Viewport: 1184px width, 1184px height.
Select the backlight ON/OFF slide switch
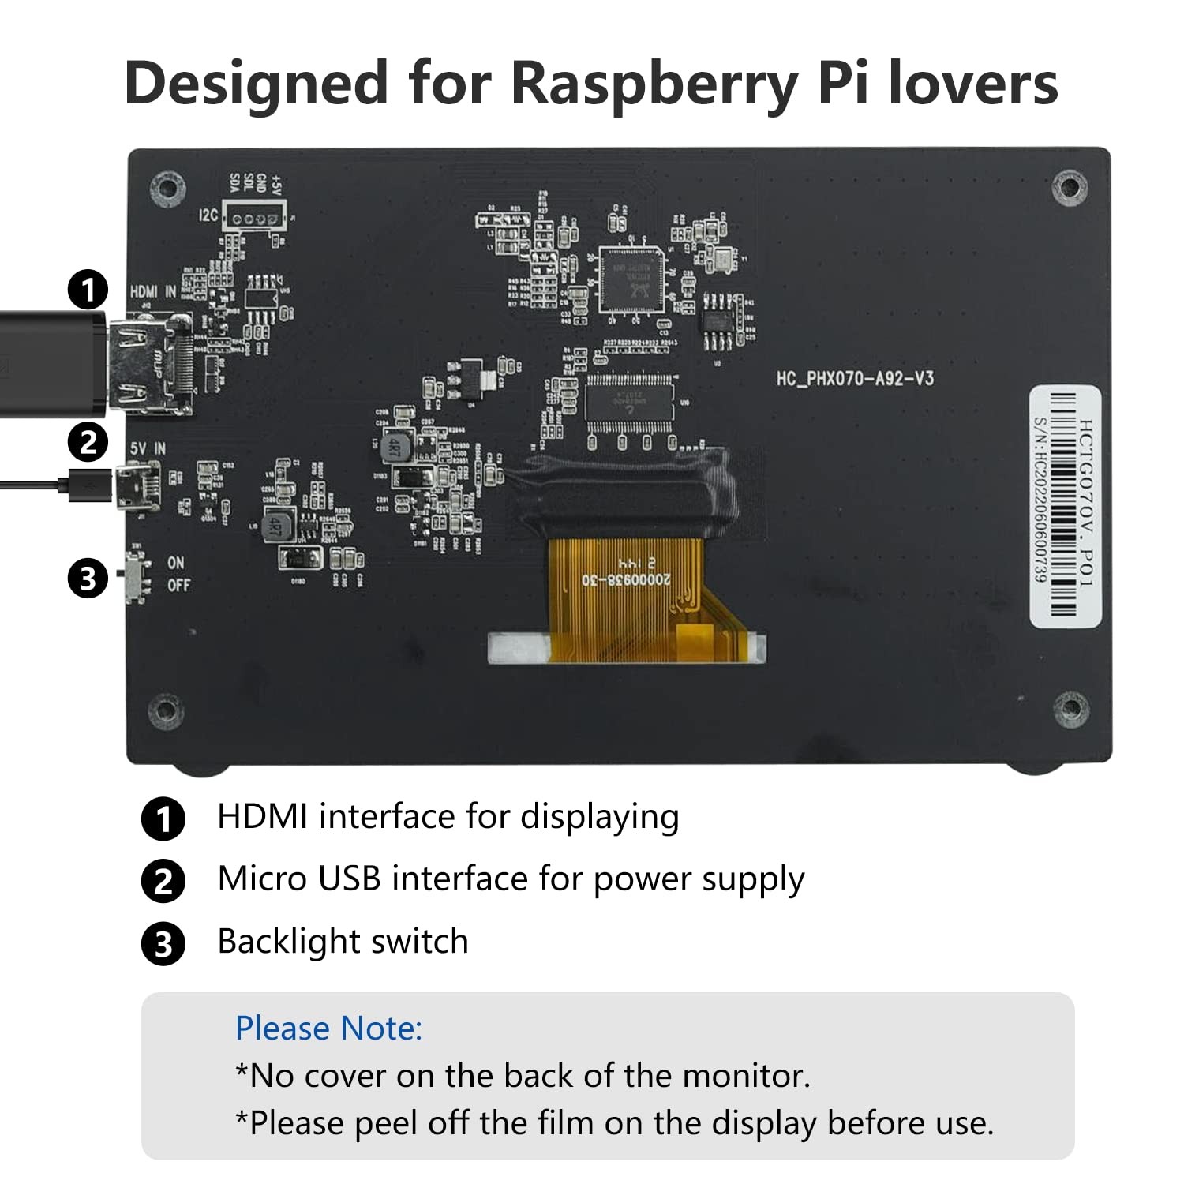(138, 575)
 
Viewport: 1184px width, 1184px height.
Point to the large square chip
(631, 280)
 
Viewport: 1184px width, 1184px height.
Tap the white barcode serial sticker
(1065, 506)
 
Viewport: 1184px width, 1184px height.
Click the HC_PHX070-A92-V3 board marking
(854, 379)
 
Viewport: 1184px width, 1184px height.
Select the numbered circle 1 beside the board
(88, 290)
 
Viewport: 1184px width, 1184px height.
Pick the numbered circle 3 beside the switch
(88, 579)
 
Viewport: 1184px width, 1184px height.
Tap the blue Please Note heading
(328, 1029)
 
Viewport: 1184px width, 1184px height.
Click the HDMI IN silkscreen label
(153, 292)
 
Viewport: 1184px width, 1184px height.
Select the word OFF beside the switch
(178, 586)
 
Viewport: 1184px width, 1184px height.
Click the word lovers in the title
(972, 84)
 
